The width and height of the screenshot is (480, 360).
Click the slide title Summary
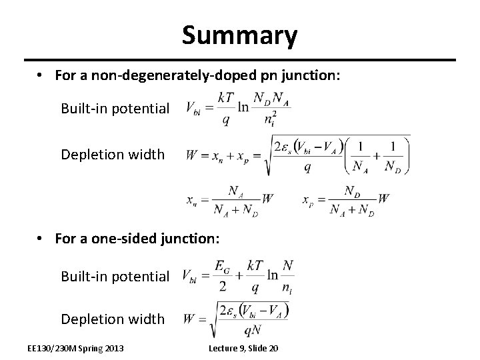click(x=239, y=35)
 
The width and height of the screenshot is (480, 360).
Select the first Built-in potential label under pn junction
click(x=115, y=108)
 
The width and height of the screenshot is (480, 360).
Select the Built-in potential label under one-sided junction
click(x=115, y=276)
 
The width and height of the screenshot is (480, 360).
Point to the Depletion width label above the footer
click(x=113, y=319)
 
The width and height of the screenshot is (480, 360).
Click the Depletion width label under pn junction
click(x=113, y=155)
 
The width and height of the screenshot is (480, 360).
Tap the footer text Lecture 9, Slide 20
click(x=243, y=349)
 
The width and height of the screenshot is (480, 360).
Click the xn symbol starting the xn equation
click(x=191, y=199)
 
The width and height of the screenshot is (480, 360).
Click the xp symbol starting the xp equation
click(x=307, y=199)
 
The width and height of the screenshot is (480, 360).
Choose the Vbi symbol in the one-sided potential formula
click(x=191, y=276)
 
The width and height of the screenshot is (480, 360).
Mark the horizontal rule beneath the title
click(x=239, y=59)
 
